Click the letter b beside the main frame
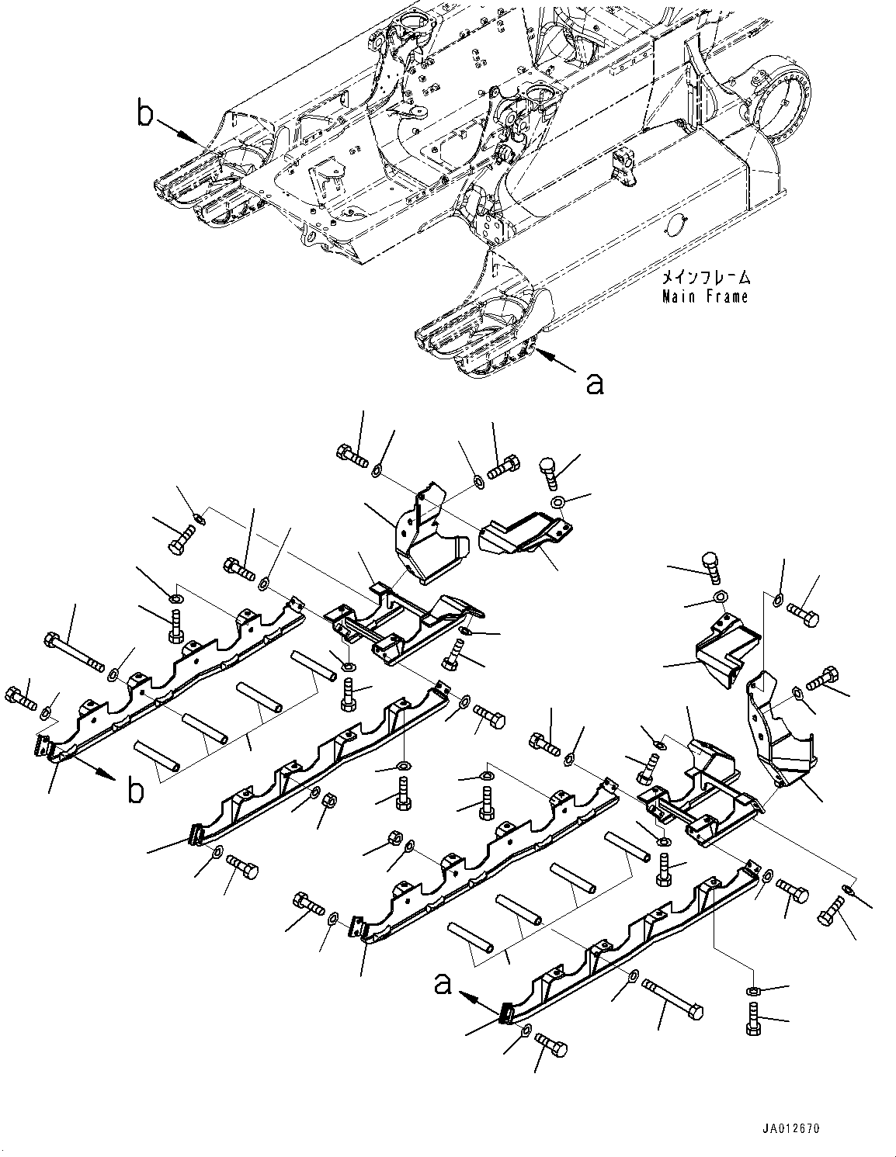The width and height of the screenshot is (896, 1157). pos(144,115)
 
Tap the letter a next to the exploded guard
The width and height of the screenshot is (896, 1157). pos(443,984)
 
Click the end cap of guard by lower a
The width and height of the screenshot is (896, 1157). pos(506,1013)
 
